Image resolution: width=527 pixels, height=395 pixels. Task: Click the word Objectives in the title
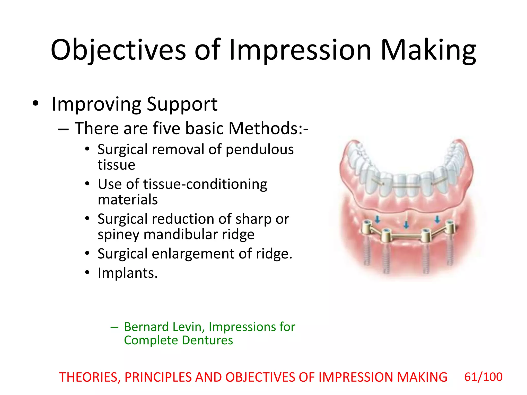(118, 50)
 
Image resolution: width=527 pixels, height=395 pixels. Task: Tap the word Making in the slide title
(428, 50)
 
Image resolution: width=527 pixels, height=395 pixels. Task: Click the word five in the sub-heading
(166, 128)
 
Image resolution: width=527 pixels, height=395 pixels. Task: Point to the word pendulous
(259, 150)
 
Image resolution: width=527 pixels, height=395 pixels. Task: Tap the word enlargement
(193, 254)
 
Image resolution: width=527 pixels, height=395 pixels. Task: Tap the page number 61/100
(483, 377)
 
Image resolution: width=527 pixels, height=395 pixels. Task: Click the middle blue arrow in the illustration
(406, 225)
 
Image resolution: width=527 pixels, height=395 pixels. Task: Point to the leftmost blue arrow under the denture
(377, 219)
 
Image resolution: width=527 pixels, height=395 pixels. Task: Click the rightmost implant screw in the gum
(449, 253)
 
